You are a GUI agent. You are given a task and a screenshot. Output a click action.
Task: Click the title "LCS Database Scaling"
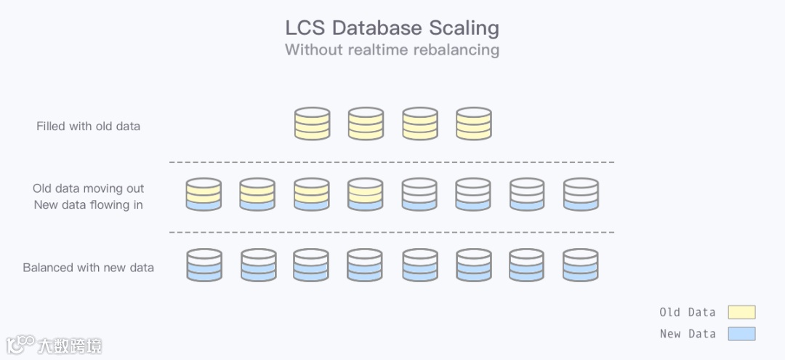click(392, 28)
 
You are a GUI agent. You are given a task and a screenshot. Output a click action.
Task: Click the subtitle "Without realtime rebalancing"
click(392, 50)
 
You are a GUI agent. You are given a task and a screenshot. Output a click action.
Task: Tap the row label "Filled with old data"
click(88, 127)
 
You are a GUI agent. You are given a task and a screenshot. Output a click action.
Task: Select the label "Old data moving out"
click(88, 189)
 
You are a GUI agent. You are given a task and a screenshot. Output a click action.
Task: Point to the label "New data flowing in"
click(88, 205)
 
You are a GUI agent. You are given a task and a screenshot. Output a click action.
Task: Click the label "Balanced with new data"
click(88, 268)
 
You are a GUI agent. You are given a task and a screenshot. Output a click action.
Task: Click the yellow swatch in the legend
click(741, 312)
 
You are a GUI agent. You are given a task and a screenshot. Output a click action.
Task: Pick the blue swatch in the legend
click(741, 334)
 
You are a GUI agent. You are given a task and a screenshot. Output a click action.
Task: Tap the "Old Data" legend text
click(687, 312)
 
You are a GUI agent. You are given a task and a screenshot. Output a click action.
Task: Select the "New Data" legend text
click(687, 334)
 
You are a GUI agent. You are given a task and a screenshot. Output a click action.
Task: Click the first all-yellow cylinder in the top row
click(312, 124)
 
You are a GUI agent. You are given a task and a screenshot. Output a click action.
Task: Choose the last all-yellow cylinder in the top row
click(474, 124)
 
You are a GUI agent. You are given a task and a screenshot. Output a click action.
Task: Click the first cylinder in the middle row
click(204, 194)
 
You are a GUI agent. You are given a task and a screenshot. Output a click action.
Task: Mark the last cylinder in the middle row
click(581, 194)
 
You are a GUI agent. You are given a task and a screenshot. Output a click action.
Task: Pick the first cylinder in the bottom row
click(204, 265)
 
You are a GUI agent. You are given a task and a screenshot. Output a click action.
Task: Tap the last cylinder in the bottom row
click(581, 265)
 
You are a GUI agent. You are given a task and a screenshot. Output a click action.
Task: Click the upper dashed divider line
click(392, 162)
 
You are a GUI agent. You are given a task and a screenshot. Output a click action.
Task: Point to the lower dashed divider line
click(392, 233)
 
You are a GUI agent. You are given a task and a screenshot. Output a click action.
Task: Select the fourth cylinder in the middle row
click(366, 194)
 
